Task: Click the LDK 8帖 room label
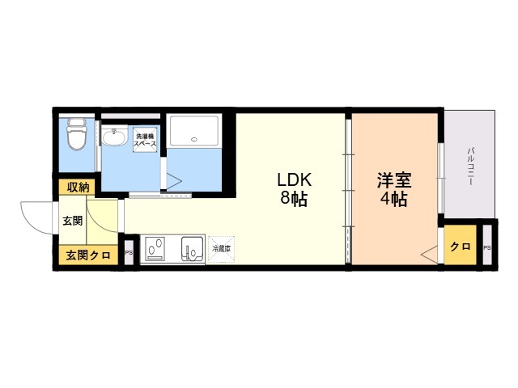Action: pyautogui.click(x=294, y=188)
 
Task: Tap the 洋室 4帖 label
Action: pyautogui.click(x=393, y=188)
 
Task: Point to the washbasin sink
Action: pyautogui.click(x=114, y=138)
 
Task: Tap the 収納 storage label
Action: pyautogui.click(x=78, y=188)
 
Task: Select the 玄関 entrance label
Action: pyautogui.click(x=72, y=220)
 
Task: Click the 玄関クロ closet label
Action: pyautogui.click(x=88, y=255)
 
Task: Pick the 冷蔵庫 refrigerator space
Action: pyautogui.click(x=220, y=249)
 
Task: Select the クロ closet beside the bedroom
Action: pyautogui.click(x=461, y=247)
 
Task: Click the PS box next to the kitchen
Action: pyautogui.click(x=129, y=253)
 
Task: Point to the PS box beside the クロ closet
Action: pyautogui.click(x=486, y=247)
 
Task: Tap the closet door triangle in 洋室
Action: pyautogui.click(x=428, y=255)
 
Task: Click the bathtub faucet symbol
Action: pyautogui.click(x=193, y=140)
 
